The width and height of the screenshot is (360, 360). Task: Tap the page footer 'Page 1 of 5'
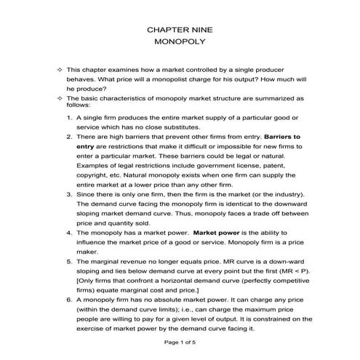pos(180,343)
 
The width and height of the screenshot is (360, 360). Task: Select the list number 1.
pos(69,117)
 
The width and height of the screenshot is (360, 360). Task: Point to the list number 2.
pos(69,137)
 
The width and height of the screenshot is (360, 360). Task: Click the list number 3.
pos(69,196)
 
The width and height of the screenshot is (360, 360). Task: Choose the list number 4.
pos(69,233)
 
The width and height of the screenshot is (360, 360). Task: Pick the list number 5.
pos(69,261)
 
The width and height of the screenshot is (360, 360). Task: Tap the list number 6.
pos(69,299)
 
